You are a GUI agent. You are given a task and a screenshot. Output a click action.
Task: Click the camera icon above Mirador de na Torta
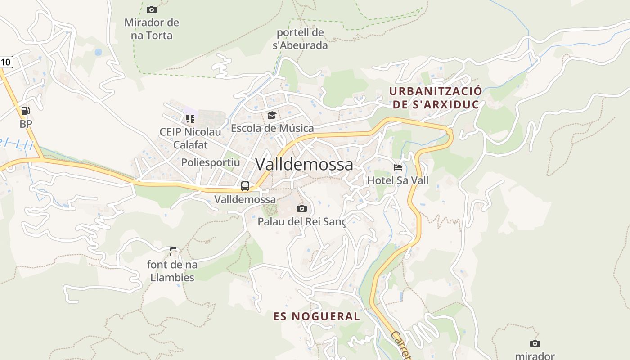coord(152,9)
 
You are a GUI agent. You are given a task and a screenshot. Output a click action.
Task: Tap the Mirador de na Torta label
coord(152,29)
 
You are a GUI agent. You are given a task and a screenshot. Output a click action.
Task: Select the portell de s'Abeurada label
coord(300,39)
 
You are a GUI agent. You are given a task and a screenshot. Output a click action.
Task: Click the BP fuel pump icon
coord(26,111)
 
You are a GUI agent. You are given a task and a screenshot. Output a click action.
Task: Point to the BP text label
coord(26,124)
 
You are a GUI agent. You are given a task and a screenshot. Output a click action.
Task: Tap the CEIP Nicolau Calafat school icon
coord(190,119)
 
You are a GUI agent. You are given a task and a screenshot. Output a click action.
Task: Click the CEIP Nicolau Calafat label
coord(190,138)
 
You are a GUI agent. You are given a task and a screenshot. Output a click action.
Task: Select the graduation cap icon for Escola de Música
coord(272,116)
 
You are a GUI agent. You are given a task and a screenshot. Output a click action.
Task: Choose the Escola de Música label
coord(272,128)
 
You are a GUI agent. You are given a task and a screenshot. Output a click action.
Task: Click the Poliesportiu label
coord(211,162)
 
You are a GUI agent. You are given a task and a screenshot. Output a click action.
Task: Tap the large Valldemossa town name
coord(304,164)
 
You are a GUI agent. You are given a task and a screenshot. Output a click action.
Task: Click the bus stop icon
coord(245,186)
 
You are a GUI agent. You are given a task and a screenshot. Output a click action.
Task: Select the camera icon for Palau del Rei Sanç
coord(302,208)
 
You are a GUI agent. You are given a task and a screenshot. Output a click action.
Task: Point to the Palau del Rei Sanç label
coord(302,221)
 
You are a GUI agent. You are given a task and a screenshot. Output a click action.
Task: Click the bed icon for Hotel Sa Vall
coord(398,167)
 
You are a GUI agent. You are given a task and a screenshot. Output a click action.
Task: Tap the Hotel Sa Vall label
coord(398,180)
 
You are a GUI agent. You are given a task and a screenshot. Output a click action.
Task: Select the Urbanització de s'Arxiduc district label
coord(435,98)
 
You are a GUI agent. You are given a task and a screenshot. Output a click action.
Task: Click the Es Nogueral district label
coord(317,316)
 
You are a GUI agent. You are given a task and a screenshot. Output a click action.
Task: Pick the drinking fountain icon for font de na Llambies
coord(173,251)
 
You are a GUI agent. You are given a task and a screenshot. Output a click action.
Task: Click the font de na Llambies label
coord(172,271)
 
